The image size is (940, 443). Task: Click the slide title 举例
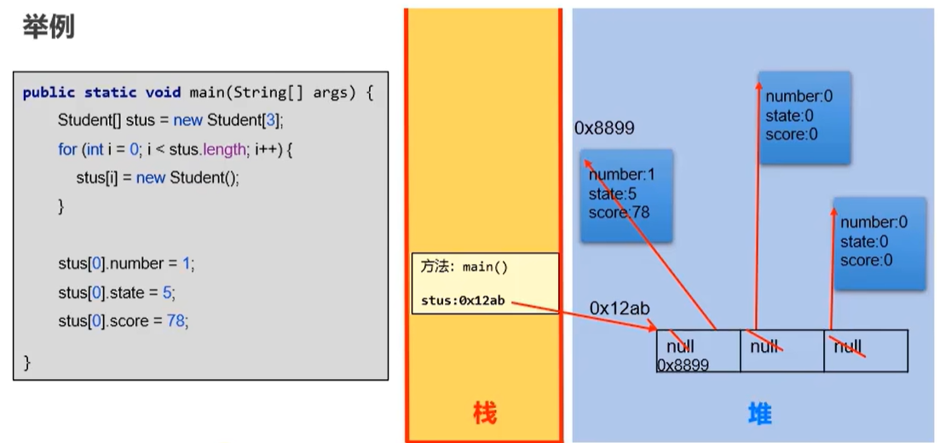click(48, 27)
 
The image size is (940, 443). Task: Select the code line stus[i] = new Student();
click(157, 178)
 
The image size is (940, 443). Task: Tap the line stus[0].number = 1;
click(126, 263)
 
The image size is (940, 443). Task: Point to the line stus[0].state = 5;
click(116, 292)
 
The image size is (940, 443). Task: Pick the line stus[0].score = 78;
click(123, 321)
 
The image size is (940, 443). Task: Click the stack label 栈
click(484, 414)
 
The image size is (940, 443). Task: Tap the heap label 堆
click(758, 414)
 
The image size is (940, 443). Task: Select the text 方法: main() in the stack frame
click(464, 267)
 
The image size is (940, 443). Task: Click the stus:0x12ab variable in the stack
click(463, 300)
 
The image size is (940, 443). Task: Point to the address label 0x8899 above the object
click(604, 129)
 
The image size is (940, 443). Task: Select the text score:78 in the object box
click(619, 212)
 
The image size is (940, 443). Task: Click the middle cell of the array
click(781, 350)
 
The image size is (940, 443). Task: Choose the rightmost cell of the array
click(865, 350)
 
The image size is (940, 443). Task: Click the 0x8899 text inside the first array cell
click(683, 365)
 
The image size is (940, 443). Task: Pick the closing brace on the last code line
click(27, 362)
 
